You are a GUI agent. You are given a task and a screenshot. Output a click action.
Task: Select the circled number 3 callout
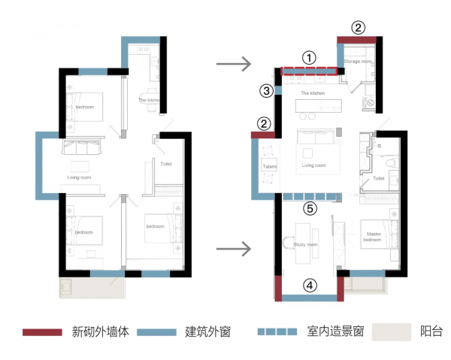click(x=265, y=91)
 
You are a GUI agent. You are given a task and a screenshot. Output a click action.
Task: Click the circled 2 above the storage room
click(x=359, y=28)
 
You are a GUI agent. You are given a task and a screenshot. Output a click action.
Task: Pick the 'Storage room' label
click(x=358, y=60)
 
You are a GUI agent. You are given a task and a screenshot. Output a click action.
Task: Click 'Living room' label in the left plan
click(x=79, y=177)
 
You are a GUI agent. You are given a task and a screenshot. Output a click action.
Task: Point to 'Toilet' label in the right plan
click(x=379, y=179)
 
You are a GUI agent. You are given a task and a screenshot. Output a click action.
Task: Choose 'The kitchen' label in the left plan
click(x=149, y=100)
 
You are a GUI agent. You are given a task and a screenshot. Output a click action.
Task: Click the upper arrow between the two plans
click(x=233, y=65)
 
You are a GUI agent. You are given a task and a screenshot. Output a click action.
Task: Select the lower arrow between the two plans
click(x=233, y=247)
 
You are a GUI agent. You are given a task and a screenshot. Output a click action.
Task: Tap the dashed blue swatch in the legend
click(x=277, y=331)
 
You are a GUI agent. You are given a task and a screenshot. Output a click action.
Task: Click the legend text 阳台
click(x=431, y=331)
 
